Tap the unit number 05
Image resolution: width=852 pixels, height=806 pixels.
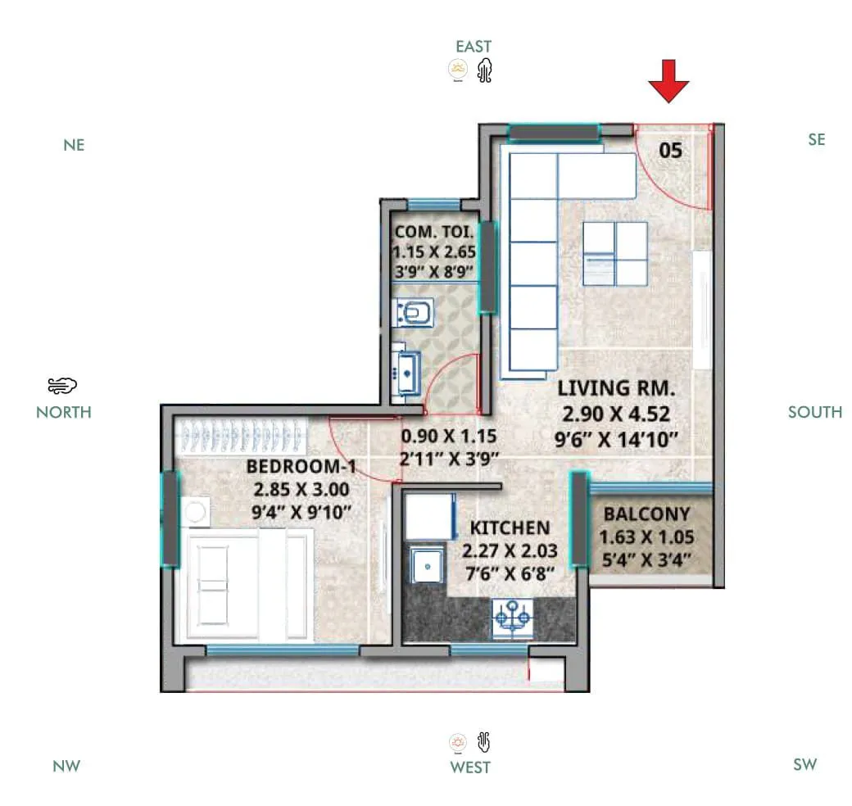[x=670, y=150]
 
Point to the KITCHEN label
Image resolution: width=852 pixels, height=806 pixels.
[x=510, y=528]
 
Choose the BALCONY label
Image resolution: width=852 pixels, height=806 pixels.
[x=646, y=515]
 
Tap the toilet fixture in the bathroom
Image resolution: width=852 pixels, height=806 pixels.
[x=413, y=312]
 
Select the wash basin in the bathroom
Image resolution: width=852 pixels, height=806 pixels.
[x=406, y=372]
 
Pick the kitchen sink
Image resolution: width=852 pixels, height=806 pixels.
[x=424, y=565]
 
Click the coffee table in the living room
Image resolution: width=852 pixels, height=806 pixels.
[x=614, y=253]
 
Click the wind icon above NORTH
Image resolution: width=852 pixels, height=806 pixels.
[x=62, y=386]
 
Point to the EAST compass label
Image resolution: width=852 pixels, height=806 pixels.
[x=474, y=47]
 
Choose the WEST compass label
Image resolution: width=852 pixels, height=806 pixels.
[x=470, y=768]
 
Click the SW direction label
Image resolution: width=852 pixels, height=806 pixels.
[x=804, y=764]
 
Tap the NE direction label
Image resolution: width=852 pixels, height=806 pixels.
[x=74, y=145]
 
